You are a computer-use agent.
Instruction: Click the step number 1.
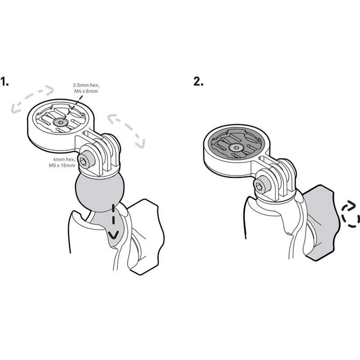pyautogui.click(x=4, y=81)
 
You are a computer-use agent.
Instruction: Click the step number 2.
pyautogui.click(x=198, y=81)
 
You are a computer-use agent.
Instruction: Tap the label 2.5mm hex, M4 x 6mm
pyautogui.click(x=86, y=88)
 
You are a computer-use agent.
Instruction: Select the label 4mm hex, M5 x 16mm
pyautogui.click(x=62, y=162)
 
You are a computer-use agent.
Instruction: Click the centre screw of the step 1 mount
pyautogui.click(x=60, y=122)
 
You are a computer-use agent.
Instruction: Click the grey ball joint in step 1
pyautogui.click(x=99, y=193)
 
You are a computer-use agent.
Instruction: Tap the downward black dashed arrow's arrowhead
pyautogui.click(x=113, y=235)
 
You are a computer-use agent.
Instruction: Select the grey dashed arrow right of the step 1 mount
pyautogui.click(x=126, y=130)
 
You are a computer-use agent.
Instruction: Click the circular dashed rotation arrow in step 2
pyautogui.click(x=350, y=215)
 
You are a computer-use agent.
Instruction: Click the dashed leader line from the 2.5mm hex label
pyautogui.click(x=71, y=108)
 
